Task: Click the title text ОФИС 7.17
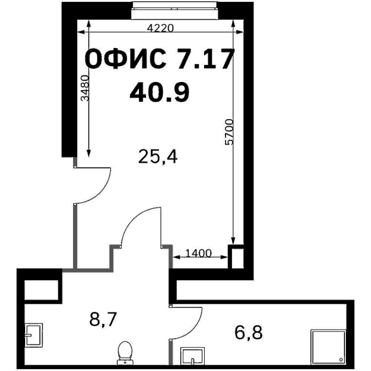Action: (160, 59)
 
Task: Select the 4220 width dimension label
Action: (160, 28)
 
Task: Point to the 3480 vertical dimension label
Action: (85, 88)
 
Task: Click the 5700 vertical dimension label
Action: (229, 132)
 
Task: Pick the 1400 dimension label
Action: (199, 254)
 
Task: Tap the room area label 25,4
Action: (158, 157)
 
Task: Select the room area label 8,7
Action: (103, 319)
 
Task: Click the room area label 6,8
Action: (248, 332)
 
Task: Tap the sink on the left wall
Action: (34, 335)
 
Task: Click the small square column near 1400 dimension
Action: (236, 257)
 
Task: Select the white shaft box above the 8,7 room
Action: (42, 290)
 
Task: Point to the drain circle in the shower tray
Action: (341, 360)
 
